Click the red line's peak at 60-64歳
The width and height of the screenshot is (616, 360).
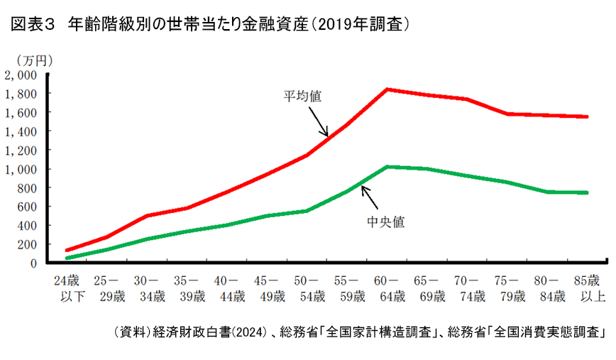[x=386, y=89]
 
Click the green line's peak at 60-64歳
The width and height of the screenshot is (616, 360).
[x=386, y=167]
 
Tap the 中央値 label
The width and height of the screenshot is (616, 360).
[x=385, y=221]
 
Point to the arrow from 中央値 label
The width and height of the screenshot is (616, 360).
[x=370, y=195]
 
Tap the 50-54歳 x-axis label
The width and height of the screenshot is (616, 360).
[x=306, y=288]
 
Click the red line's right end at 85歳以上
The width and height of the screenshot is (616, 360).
[x=587, y=116]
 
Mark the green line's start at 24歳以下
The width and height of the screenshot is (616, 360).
[x=67, y=258]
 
